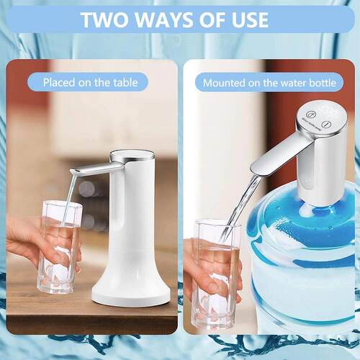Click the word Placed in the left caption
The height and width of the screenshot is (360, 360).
pos(60,82)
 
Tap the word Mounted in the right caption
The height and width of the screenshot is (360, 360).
pos(225,82)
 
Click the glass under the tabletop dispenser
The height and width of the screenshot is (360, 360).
pos(59,248)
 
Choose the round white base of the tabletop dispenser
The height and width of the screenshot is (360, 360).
pos(131,288)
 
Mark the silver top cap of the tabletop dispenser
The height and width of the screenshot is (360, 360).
pos(132,154)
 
